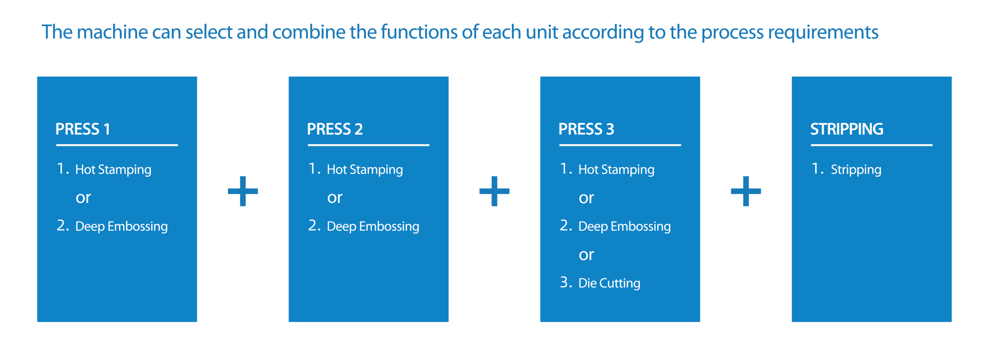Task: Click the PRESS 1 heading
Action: coord(83,129)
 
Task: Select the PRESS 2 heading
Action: coord(335,129)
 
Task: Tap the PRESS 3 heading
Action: coord(586,129)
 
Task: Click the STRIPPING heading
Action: coord(847,129)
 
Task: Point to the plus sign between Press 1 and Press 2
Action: coord(243,191)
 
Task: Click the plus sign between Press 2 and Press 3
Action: coord(494,191)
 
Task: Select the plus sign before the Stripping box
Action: coord(746,191)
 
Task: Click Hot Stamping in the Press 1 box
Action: coord(113,170)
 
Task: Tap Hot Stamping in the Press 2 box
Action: coord(365,170)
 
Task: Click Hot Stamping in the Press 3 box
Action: coord(616,170)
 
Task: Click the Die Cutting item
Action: coord(609,283)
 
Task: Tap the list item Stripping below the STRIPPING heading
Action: coord(856,170)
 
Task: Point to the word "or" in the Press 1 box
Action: coord(83,198)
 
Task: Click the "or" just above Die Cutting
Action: coord(586,255)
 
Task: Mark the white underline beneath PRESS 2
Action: coord(369,145)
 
